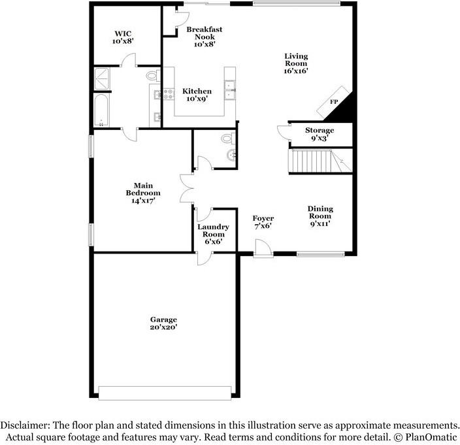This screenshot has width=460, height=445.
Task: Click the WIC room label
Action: pyautogui.click(x=123, y=37)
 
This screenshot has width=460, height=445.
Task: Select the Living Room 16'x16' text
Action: pyautogui.click(x=295, y=63)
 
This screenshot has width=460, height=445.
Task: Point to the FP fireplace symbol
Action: pyautogui.click(x=334, y=103)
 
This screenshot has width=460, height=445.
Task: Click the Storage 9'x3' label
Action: pyautogui.click(x=320, y=134)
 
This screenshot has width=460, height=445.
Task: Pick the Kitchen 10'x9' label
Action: pyautogui.click(x=197, y=95)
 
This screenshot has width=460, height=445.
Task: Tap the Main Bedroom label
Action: pyautogui.click(x=143, y=193)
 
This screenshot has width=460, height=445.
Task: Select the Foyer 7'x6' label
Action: pyautogui.click(x=263, y=222)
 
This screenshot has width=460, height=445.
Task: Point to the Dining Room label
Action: pyautogui.click(x=320, y=216)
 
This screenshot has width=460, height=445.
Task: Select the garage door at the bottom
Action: pyautogui.click(x=165, y=392)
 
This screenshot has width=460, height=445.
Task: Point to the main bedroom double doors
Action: pyautogui.click(x=187, y=188)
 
